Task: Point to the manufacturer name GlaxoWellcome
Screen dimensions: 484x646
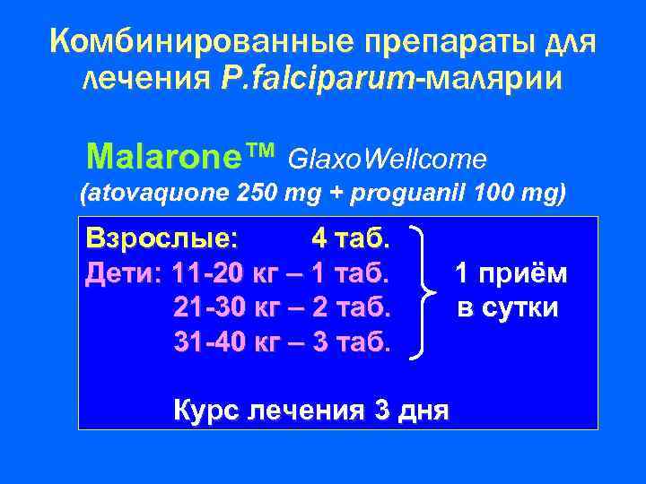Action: pyautogui.click(x=388, y=159)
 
